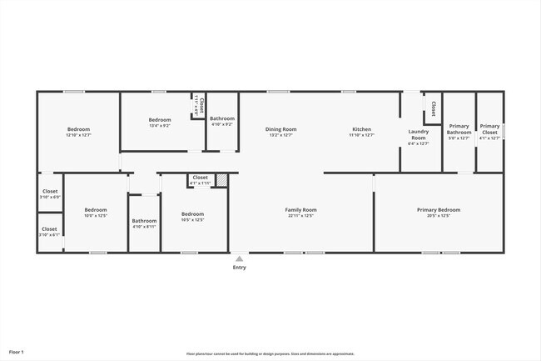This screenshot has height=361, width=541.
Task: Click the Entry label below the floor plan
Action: click(x=239, y=268)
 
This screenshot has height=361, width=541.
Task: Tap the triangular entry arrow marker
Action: click(x=239, y=258)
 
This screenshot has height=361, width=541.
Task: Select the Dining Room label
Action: click(x=281, y=129)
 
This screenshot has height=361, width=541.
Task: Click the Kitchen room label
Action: click(x=362, y=129)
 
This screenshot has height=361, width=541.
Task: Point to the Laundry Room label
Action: click(x=418, y=134)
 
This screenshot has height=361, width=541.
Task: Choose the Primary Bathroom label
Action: click(x=459, y=129)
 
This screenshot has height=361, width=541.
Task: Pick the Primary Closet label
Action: click(x=489, y=129)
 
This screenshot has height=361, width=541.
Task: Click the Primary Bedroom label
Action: click(x=439, y=210)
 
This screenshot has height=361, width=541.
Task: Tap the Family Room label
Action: click(x=300, y=210)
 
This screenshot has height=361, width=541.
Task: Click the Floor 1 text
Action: click(x=17, y=353)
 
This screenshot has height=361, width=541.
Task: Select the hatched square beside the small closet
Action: click(x=221, y=179)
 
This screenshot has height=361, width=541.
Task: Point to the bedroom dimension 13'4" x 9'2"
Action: click(x=160, y=126)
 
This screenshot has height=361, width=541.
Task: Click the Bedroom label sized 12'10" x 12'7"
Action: click(x=79, y=129)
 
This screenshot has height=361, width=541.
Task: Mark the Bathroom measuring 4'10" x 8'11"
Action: click(x=144, y=224)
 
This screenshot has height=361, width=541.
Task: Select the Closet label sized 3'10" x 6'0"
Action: click(x=50, y=192)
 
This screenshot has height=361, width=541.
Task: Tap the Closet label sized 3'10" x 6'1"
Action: click(x=50, y=228)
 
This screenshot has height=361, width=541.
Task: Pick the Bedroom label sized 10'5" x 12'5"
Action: click(x=192, y=214)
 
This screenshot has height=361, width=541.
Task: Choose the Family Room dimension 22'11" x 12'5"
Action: click(x=300, y=216)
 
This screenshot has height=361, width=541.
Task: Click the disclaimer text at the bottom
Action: click(x=270, y=353)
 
